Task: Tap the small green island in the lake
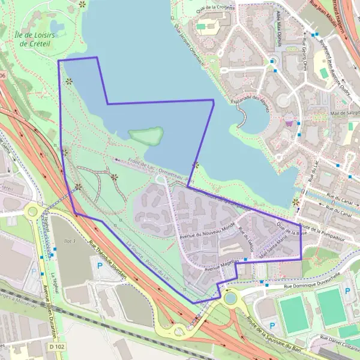pos(146,135)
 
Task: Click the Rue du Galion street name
pos(246,242)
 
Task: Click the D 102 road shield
pos(56,347)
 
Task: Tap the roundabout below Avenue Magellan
pos(230,297)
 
